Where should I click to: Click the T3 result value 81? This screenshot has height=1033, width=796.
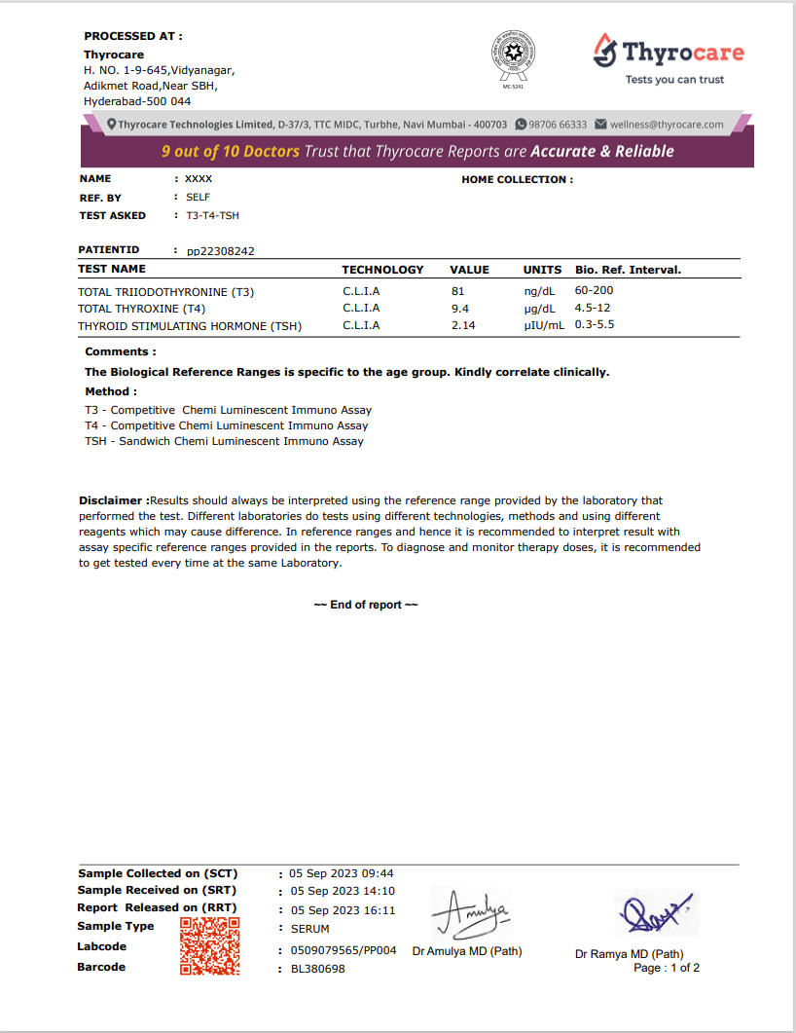click(x=458, y=291)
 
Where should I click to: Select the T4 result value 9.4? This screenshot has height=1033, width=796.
click(x=460, y=309)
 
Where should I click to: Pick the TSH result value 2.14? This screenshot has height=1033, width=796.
click(x=463, y=326)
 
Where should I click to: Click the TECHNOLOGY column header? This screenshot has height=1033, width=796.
click(x=382, y=270)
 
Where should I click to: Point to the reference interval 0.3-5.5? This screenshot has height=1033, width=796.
click(x=595, y=325)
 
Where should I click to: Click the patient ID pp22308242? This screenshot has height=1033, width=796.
click(x=221, y=251)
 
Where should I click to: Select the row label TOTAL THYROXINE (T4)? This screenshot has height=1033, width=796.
click(x=141, y=309)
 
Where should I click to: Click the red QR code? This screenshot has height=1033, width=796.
click(x=209, y=945)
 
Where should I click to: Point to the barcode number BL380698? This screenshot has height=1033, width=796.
click(x=317, y=969)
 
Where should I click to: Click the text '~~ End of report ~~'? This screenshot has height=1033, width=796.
click(x=366, y=605)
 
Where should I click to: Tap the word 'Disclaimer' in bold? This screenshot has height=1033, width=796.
click(x=112, y=500)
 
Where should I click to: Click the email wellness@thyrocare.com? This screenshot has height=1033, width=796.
click(x=667, y=125)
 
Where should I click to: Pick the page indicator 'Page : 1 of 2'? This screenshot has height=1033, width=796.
click(x=667, y=968)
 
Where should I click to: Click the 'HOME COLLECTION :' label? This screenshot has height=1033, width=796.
click(x=517, y=179)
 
